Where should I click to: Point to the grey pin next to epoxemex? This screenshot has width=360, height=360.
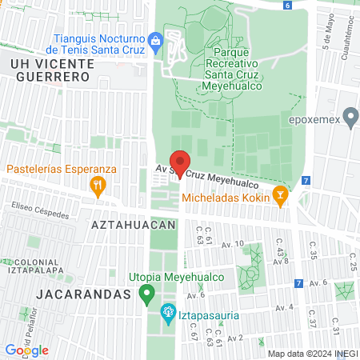pyautogui.click(x=349, y=116)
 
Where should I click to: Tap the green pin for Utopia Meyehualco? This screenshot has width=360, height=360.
pyautogui.click(x=146, y=294)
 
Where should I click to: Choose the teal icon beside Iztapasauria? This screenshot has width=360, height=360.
pyautogui.click(x=168, y=311)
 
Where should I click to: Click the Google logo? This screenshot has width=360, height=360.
pyautogui.click(x=26, y=350)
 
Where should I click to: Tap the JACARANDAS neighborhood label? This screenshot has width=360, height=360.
pyautogui.click(x=83, y=294)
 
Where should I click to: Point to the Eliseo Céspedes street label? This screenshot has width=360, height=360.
pyautogui.click(x=40, y=213)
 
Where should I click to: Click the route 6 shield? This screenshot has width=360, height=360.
pyautogui.click(x=287, y=5)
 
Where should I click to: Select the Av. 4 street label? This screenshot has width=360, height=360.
pyautogui.click(x=285, y=306)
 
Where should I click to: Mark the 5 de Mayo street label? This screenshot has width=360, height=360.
pyautogui.click(x=328, y=32)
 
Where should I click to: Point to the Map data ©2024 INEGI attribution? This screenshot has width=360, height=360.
pyautogui.click(x=311, y=353)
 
